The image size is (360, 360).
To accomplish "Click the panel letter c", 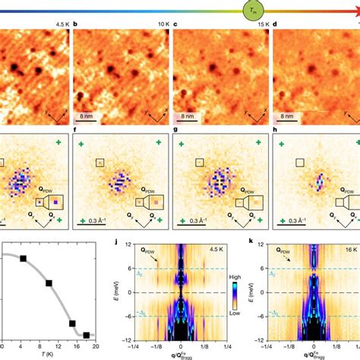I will tap(176, 24).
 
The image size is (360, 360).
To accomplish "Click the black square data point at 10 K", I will tap(49, 283).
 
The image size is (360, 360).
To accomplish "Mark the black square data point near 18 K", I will tap(86, 335).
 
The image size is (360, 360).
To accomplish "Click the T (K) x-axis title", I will tap(48, 354).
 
